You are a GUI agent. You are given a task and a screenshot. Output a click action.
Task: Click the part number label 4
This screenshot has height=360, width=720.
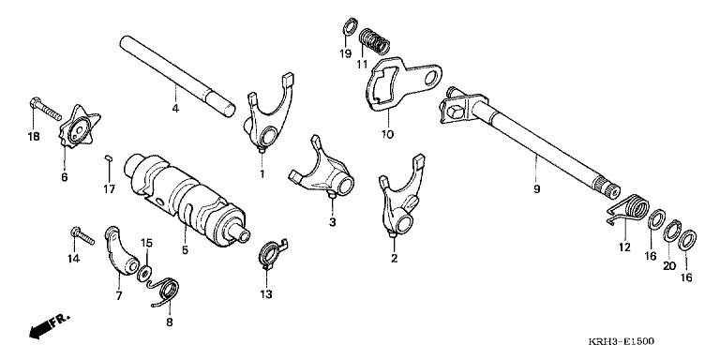pyautogui.click(x=175, y=109)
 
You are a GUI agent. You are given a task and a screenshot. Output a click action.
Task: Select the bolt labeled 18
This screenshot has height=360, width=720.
pyautogui.click(x=45, y=110)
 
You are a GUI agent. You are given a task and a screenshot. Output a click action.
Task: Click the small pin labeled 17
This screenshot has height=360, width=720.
pyautogui.click(x=109, y=158)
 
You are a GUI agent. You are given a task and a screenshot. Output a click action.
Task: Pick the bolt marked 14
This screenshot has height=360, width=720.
pyautogui.click(x=82, y=235)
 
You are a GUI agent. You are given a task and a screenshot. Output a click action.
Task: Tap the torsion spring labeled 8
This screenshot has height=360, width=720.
pyautogui.click(x=165, y=292)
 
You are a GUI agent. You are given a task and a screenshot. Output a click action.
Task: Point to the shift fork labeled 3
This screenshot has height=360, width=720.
pyautogui.click(x=323, y=173)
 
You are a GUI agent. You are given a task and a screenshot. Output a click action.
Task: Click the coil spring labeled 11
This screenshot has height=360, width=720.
pyautogui.click(x=374, y=41)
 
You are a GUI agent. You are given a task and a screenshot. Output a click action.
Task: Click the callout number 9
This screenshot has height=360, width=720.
pyautogui.click(x=537, y=188)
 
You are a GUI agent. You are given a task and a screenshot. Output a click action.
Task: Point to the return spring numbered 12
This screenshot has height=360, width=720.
pyautogui.click(x=631, y=209)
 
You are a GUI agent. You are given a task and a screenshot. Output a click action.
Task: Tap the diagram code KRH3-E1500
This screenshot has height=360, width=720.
pyautogui.click(x=622, y=341)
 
